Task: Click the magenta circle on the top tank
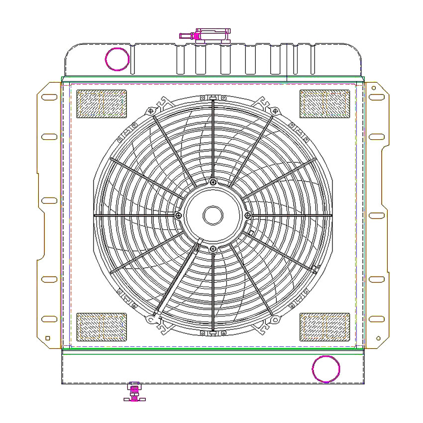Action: tap(117, 59)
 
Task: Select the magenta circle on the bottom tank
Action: tap(326, 369)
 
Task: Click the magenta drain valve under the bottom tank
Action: tap(134, 391)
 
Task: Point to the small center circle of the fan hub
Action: tap(213, 215)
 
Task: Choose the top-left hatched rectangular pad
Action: tap(102, 104)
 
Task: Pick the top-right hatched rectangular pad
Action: tap(324, 104)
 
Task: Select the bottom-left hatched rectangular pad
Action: tap(102, 327)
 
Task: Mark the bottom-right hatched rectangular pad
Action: tap(324, 327)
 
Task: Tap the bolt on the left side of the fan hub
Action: tap(179, 215)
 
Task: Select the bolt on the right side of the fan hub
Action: tap(247, 215)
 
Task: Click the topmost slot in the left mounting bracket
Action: tap(49, 97)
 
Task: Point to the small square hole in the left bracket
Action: tap(48, 338)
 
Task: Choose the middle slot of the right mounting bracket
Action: tap(376, 215)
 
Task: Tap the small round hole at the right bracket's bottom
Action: tap(379, 338)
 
